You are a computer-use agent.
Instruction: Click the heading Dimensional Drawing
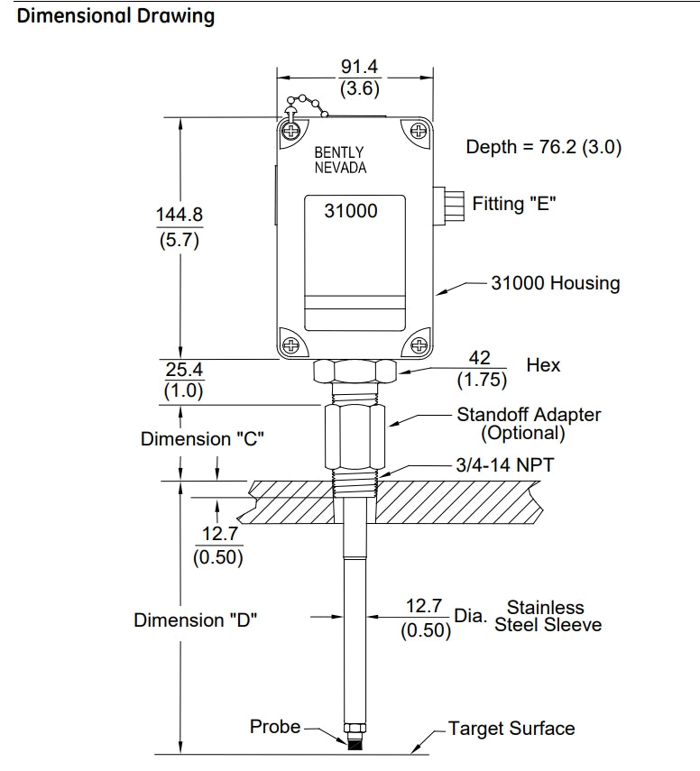click(x=116, y=16)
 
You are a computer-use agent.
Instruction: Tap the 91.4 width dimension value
click(x=359, y=68)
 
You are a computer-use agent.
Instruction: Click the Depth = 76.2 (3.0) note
click(x=543, y=147)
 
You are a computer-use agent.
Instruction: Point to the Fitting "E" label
click(x=513, y=204)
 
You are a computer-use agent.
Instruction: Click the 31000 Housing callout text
click(x=555, y=283)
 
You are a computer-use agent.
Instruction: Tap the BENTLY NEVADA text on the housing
click(x=340, y=161)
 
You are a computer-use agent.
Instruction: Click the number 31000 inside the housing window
click(x=350, y=211)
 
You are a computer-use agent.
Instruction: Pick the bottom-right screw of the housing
click(x=418, y=344)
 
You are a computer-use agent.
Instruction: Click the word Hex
click(x=543, y=365)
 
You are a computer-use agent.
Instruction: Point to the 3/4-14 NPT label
click(x=504, y=467)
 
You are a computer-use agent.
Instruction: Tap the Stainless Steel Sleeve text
click(x=547, y=616)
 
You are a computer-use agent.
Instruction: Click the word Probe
click(x=274, y=726)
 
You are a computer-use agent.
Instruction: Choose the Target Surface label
click(x=511, y=729)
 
